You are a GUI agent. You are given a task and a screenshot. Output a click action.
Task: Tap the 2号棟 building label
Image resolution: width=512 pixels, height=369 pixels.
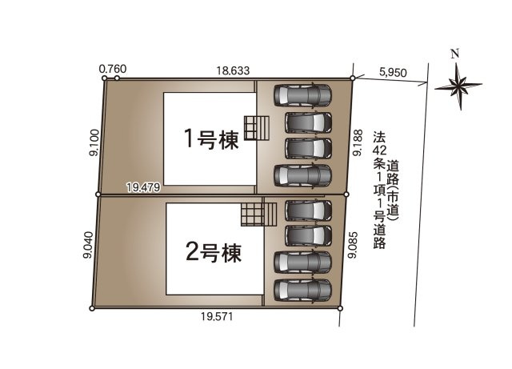[213, 253]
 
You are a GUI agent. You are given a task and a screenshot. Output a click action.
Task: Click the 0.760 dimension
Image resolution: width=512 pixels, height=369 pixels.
[113, 70]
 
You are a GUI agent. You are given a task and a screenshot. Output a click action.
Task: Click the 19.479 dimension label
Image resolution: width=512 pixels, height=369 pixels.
[144, 187]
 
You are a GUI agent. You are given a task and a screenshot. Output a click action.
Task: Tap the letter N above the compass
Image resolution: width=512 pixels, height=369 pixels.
[454, 54]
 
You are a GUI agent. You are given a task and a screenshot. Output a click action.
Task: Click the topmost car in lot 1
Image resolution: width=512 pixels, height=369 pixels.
[302, 95]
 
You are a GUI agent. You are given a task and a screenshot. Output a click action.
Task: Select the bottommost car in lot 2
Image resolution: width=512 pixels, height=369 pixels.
[302, 289]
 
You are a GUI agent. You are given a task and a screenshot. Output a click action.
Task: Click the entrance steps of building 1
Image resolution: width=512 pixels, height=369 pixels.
[255, 128]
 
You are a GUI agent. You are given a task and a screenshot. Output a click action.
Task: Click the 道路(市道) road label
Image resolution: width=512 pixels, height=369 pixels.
[393, 191]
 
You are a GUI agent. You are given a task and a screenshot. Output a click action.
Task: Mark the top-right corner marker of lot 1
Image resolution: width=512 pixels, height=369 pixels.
[353, 78]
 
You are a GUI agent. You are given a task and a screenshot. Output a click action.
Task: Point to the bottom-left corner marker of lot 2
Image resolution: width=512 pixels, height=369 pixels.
[93, 308]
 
